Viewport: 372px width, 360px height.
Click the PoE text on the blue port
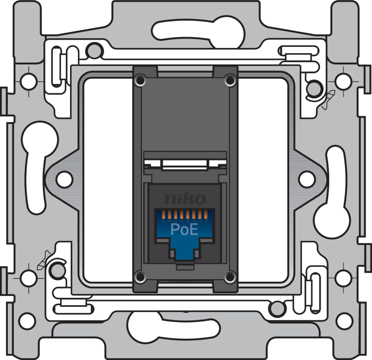pyautogui.click(x=184, y=229)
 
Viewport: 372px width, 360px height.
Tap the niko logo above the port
pyautogui.click(x=185, y=199)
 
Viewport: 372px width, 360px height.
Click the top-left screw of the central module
pyautogui.click(x=140, y=79)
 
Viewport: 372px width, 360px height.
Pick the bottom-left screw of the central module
pyautogui.click(x=140, y=277)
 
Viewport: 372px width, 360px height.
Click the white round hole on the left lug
pyautogui.click(x=64, y=179)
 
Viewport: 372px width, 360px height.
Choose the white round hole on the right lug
pyautogui.click(x=307, y=179)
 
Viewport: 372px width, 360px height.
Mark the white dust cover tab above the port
pyautogui.click(x=185, y=164)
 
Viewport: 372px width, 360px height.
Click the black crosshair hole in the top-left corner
pyautogui.click(x=28, y=81)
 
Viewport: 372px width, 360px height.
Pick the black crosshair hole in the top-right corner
pyautogui.click(x=343, y=81)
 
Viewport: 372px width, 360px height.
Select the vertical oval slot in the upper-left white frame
pyautogui.click(x=56, y=66)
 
